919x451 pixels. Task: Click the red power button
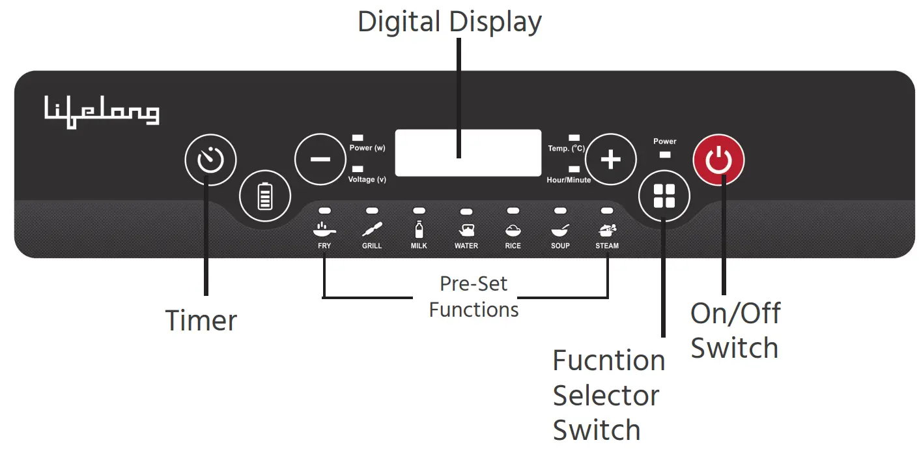[718, 160]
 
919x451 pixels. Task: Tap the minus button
[320, 160]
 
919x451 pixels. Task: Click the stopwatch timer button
[210, 160]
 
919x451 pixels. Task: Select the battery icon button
[264, 196]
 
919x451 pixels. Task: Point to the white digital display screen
[468, 153]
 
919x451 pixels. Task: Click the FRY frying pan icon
[324, 229]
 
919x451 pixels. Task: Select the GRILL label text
[372, 246]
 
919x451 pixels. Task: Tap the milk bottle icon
[419, 229]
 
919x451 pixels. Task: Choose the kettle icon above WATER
[466, 229]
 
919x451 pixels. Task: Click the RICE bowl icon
[513, 229]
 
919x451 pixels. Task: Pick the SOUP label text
[560, 246]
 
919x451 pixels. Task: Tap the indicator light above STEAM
[607, 211]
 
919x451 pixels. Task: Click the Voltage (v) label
[367, 179]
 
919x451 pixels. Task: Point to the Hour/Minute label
[569, 180]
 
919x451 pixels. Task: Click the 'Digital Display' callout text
[449, 22]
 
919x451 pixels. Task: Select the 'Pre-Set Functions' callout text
[474, 297]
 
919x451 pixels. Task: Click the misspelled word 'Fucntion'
[608, 360]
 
